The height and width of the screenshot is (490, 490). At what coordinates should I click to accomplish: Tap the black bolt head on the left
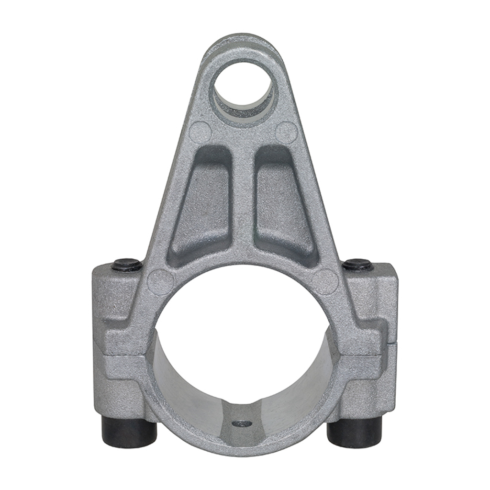coord(127,264)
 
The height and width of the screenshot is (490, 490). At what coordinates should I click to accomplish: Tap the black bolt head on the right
coord(358,264)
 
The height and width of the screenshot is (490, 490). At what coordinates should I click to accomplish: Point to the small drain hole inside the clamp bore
coord(241,423)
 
